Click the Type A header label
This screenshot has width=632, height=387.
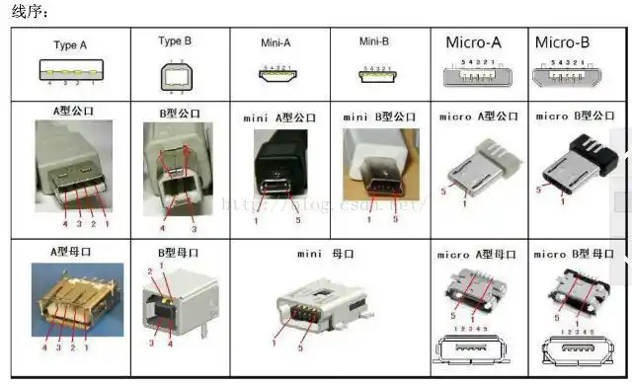click(x=70, y=45)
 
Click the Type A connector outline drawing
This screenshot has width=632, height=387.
click(x=70, y=72)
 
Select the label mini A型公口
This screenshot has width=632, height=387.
click(x=279, y=117)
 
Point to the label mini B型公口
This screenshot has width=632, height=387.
click(x=379, y=117)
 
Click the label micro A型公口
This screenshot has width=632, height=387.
click(x=478, y=116)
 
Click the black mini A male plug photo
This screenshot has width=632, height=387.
click(x=276, y=168)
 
